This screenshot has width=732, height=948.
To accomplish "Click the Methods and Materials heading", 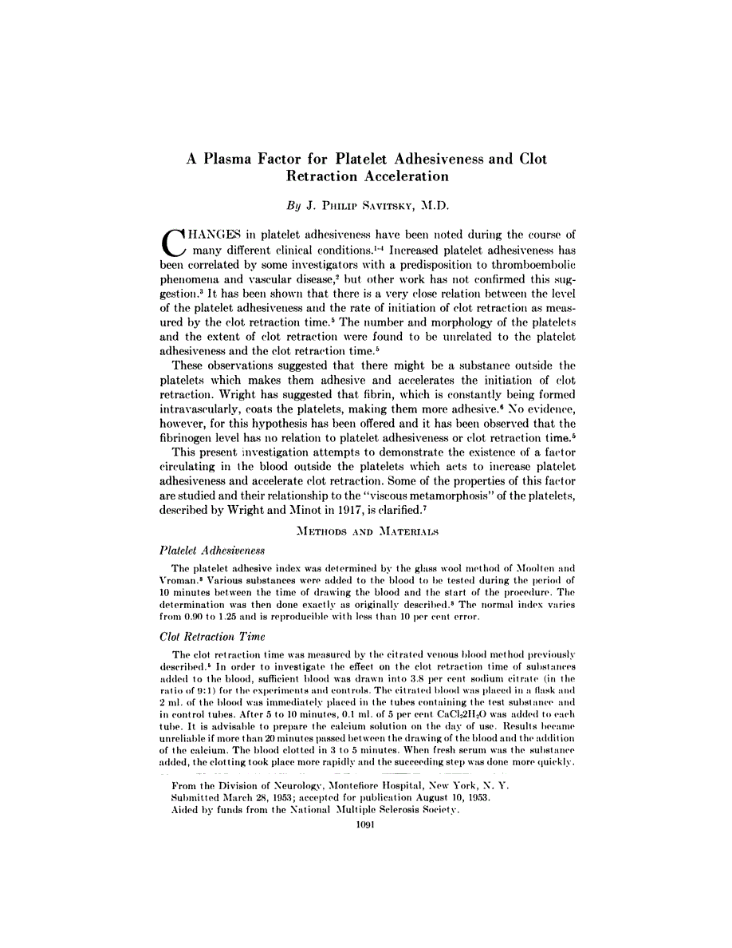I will [x=365, y=530].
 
